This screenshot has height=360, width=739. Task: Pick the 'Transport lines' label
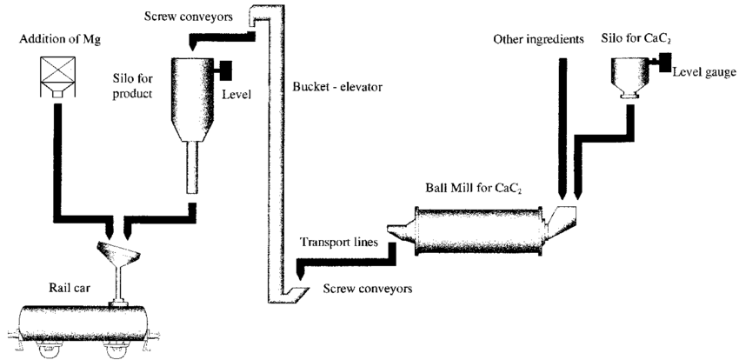(x=338, y=243)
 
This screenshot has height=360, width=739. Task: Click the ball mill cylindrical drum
(x=476, y=230)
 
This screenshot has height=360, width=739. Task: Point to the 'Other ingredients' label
(x=534, y=39)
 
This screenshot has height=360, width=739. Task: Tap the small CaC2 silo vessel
(x=631, y=70)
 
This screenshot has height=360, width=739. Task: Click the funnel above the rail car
(x=118, y=256)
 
